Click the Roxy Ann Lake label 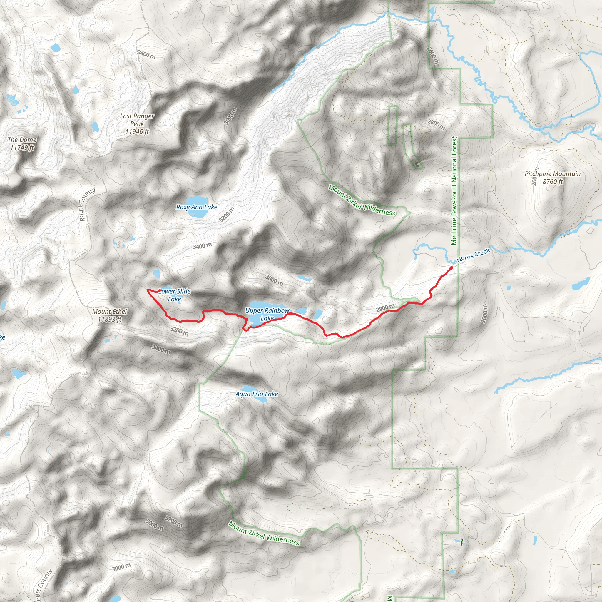click(197, 207)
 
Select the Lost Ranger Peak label click(137, 124)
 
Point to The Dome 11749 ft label click(22, 144)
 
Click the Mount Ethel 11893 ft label click(110, 315)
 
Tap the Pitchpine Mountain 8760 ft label click(552, 178)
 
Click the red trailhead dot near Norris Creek click(451, 267)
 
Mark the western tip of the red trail click(147, 290)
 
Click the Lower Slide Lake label click(175, 295)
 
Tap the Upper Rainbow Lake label click(267, 314)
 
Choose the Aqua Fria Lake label click(257, 394)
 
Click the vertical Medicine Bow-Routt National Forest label click(454, 191)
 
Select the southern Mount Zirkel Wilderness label click(264, 533)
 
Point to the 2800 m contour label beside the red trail click(385, 308)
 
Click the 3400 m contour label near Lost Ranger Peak click(146, 55)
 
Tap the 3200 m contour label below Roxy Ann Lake click(226, 214)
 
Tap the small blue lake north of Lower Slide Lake click(156, 274)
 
